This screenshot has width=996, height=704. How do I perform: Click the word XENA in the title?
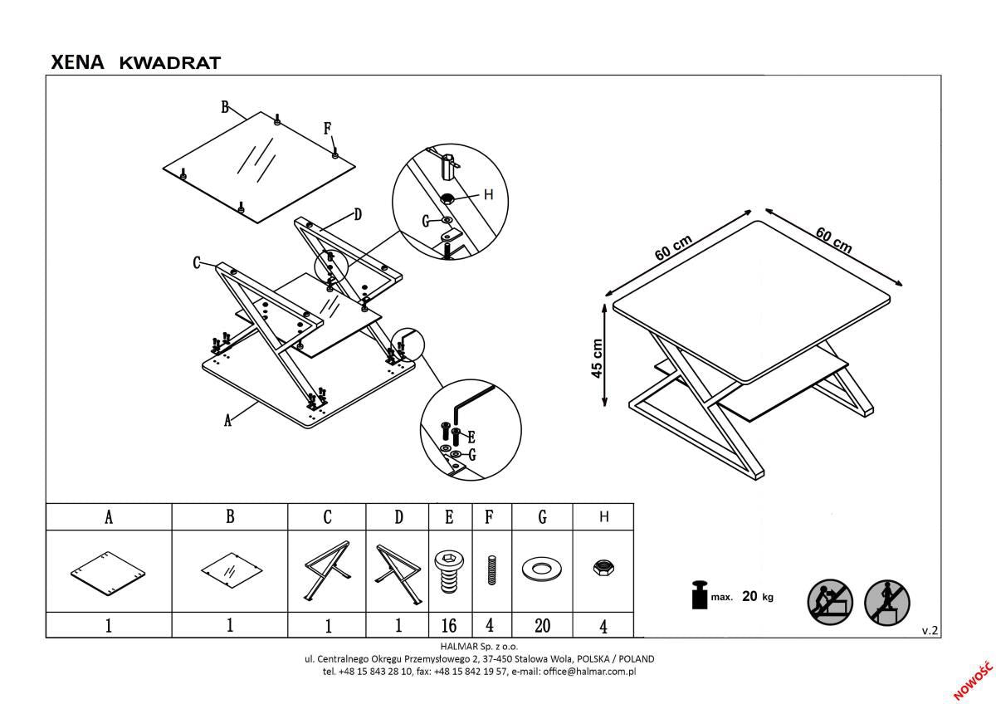coord(77,61)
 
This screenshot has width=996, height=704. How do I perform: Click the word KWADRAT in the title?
coord(170,62)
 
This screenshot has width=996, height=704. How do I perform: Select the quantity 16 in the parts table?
coord(449,625)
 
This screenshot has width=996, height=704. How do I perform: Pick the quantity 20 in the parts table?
coord(542,625)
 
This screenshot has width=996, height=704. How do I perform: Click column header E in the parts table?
coord(449,517)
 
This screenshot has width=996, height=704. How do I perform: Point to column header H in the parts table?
coord(603,517)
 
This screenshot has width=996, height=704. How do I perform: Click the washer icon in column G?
coord(542,570)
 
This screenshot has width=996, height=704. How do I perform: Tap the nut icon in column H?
coord(603,569)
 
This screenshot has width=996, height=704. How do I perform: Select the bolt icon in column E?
coord(449,571)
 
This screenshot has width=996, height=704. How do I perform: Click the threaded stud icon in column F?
coord(490,572)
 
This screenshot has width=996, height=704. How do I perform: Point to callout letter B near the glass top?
coord(225,106)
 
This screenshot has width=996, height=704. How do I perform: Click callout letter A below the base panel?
coord(228,421)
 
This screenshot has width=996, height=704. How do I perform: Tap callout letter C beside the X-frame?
coord(198,262)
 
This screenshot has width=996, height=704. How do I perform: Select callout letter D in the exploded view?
coord(358,215)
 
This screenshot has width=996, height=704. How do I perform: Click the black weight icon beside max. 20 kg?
coord(697,596)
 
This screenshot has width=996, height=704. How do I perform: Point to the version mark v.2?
coord(930,631)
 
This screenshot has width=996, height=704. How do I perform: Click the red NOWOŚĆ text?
coord(973,681)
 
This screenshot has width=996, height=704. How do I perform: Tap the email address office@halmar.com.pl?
coord(588,671)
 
